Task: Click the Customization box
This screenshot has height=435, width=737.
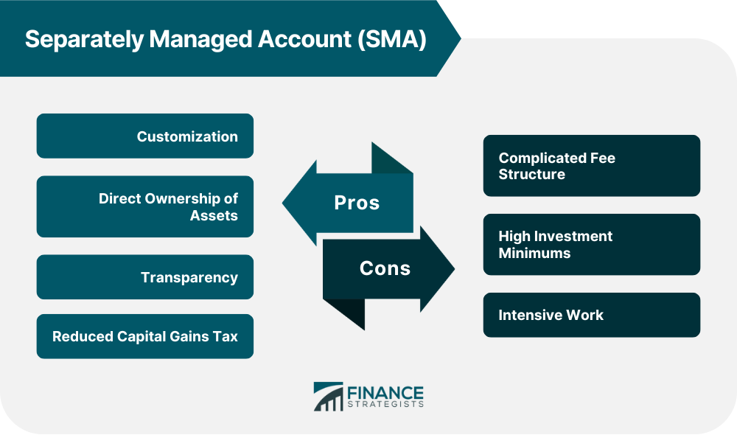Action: click(x=144, y=136)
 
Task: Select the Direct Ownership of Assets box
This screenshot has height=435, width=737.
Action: click(x=144, y=206)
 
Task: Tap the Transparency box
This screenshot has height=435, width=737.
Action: click(x=144, y=277)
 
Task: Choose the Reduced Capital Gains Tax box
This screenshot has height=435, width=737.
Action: click(x=144, y=336)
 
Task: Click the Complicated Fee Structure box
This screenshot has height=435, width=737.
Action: click(x=592, y=166)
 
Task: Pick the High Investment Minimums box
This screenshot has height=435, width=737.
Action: click(x=592, y=245)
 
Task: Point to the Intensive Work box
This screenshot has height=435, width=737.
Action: click(x=592, y=315)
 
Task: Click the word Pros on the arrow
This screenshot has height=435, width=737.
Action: click(x=357, y=203)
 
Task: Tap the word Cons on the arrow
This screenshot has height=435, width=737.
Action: click(x=385, y=268)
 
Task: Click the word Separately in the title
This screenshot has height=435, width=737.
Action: click(x=84, y=40)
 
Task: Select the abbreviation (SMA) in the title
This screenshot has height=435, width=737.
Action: click(x=391, y=39)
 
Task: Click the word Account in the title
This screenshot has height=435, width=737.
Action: click(x=304, y=39)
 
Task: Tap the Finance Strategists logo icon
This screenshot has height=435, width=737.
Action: click(x=329, y=397)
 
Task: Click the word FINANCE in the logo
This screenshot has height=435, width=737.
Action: click(x=385, y=393)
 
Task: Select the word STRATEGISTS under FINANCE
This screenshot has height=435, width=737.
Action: click(x=385, y=405)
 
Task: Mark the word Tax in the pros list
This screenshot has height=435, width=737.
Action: click(x=225, y=336)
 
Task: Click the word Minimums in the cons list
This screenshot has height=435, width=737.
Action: click(x=534, y=253)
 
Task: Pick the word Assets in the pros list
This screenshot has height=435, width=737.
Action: click(x=214, y=215)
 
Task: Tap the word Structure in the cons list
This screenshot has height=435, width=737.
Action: click(x=531, y=174)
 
